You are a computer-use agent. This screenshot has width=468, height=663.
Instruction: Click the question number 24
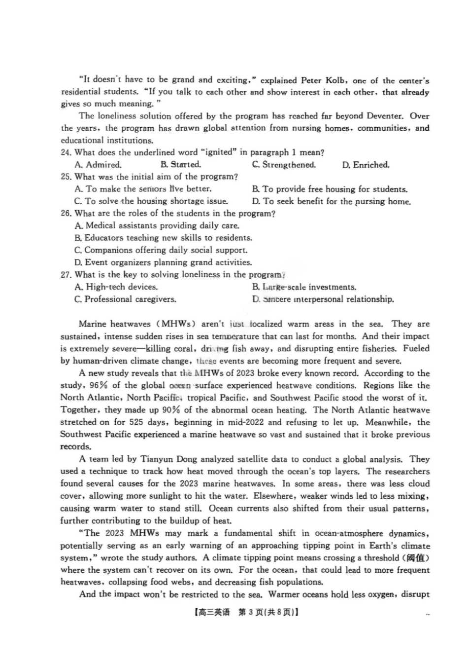pos(66,152)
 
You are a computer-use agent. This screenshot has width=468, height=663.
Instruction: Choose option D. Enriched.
pos(366,165)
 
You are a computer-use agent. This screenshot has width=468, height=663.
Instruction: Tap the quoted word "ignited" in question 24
pos(219,152)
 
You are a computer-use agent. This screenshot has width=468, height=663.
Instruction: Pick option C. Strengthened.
pos(284,165)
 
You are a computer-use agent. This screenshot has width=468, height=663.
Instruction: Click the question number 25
pos(66,177)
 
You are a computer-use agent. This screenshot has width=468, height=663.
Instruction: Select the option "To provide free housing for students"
pos(330,189)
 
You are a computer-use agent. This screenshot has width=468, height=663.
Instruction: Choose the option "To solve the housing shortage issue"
pos(151,201)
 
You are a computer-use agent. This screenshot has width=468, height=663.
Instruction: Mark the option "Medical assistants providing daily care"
pos(157,226)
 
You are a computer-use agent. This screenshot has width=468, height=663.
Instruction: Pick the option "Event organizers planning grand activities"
pos(163,262)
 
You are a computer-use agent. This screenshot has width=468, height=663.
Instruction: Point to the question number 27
pos(66,275)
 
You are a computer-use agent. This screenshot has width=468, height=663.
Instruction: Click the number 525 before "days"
pos(136,422)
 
